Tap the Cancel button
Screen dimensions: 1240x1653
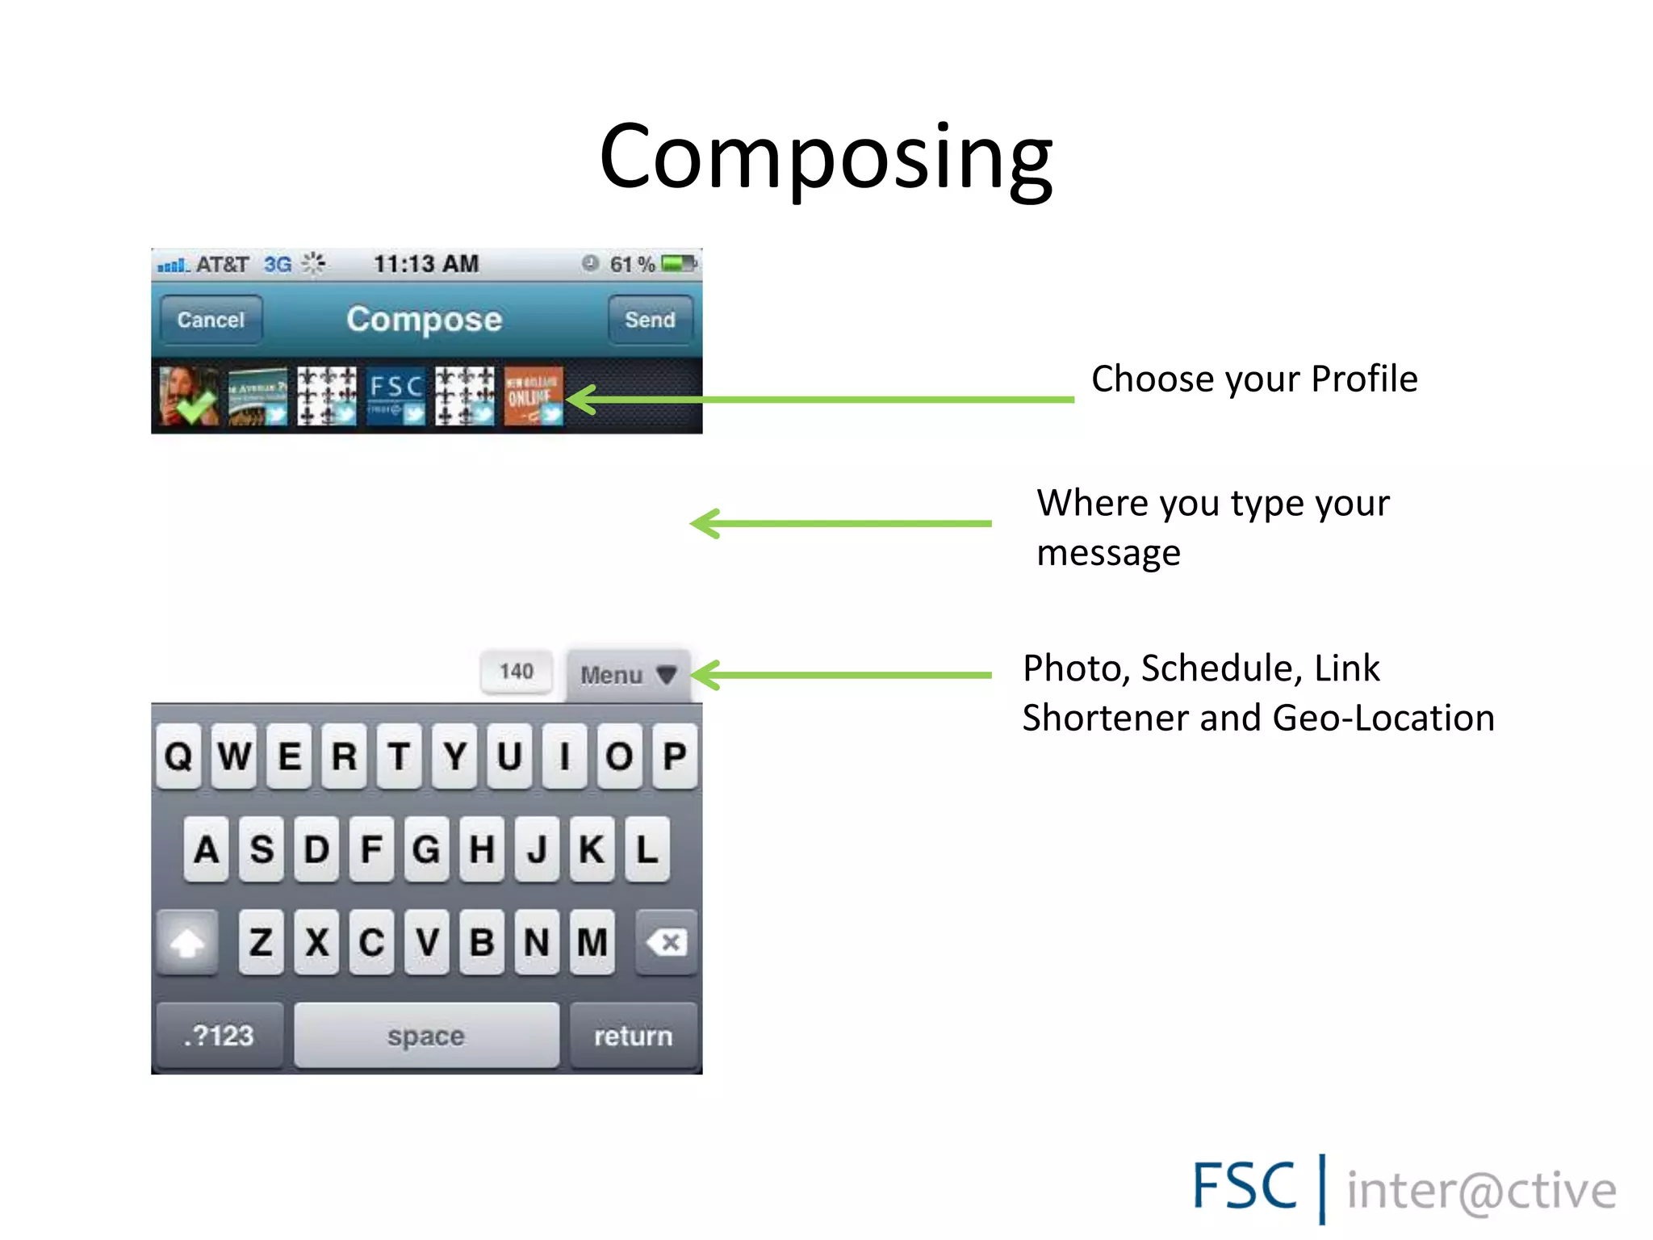point(211,320)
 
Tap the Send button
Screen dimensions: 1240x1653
point(650,320)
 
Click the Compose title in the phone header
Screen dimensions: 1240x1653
point(425,320)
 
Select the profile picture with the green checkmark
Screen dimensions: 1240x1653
point(188,396)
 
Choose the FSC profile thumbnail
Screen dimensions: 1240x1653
point(395,396)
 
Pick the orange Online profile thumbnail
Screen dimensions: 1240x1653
point(533,396)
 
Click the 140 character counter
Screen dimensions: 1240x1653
point(517,672)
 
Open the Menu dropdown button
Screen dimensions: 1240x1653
point(628,675)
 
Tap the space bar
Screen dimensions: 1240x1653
point(426,1036)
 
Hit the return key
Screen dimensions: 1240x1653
point(634,1036)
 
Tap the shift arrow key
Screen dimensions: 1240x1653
point(187,942)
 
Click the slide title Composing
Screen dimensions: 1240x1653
point(826,157)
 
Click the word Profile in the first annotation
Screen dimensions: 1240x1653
point(1364,379)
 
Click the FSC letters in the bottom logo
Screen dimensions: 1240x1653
point(1244,1187)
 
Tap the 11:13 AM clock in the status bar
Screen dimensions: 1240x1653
point(426,264)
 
